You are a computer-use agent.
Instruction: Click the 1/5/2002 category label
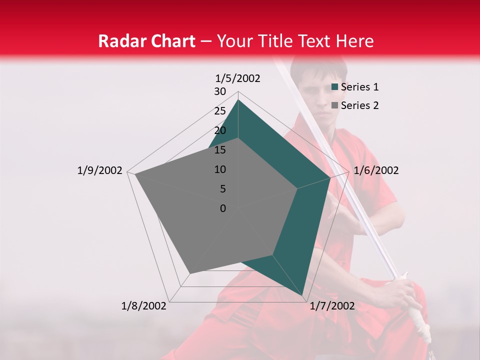pyautogui.click(x=237, y=78)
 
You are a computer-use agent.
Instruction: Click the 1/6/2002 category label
pyautogui.click(x=376, y=170)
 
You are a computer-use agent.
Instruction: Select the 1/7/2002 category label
pyautogui.click(x=332, y=306)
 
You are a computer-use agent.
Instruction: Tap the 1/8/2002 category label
pyautogui.click(x=144, y=306)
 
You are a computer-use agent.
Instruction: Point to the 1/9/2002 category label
pyautogui.click(x=100, y=170)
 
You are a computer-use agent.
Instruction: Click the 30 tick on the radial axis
pyautogui.click(x=220, y=91)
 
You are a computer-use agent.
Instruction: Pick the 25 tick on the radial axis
pyautogui.click(x=220, y=111)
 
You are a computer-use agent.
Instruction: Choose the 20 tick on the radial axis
pyautogui.click(x=220, y=130)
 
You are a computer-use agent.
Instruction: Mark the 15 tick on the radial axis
pyautogui.click(x=220, y=150)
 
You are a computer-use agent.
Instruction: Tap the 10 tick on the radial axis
pyautogui.click(x=220, y=169)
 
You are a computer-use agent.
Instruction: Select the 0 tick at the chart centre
pyautogui.click(x=223, y=208)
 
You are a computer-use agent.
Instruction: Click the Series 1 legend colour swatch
pyautogui.click(x=335, y=87)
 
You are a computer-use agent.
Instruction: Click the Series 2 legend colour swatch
pyautogui.click(x=335, y=105)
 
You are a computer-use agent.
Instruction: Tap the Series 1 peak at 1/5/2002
pyautogui.click(x=238, y=100)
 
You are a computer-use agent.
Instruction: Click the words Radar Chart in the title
pyautogui.click(x=146, y=41)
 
